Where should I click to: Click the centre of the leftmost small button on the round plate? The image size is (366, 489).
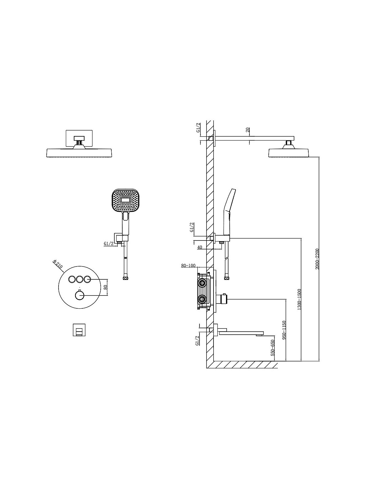[x=72, y=279]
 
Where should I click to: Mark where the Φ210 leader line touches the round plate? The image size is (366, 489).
[x=64, y=273]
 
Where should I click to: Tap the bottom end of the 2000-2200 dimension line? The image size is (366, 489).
[x=319, y=361]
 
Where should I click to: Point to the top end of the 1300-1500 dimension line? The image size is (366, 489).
[x=301, y=238]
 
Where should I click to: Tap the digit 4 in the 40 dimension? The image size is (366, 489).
[x=199, y=247]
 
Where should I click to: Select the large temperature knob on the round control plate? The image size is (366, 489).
[x=79, y=296]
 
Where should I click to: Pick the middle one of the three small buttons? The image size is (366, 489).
[x=79, y=279]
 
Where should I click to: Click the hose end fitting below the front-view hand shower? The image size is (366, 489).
[x=126, y=278]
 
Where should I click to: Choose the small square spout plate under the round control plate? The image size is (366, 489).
[x=79, y=330]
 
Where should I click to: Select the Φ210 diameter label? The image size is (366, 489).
[x=58, y=264]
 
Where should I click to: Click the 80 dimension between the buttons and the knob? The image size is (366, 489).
[x=106, y=287]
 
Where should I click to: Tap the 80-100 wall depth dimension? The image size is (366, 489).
[x=188, y=265]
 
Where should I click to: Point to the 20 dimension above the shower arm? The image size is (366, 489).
[x=248, y=130]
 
